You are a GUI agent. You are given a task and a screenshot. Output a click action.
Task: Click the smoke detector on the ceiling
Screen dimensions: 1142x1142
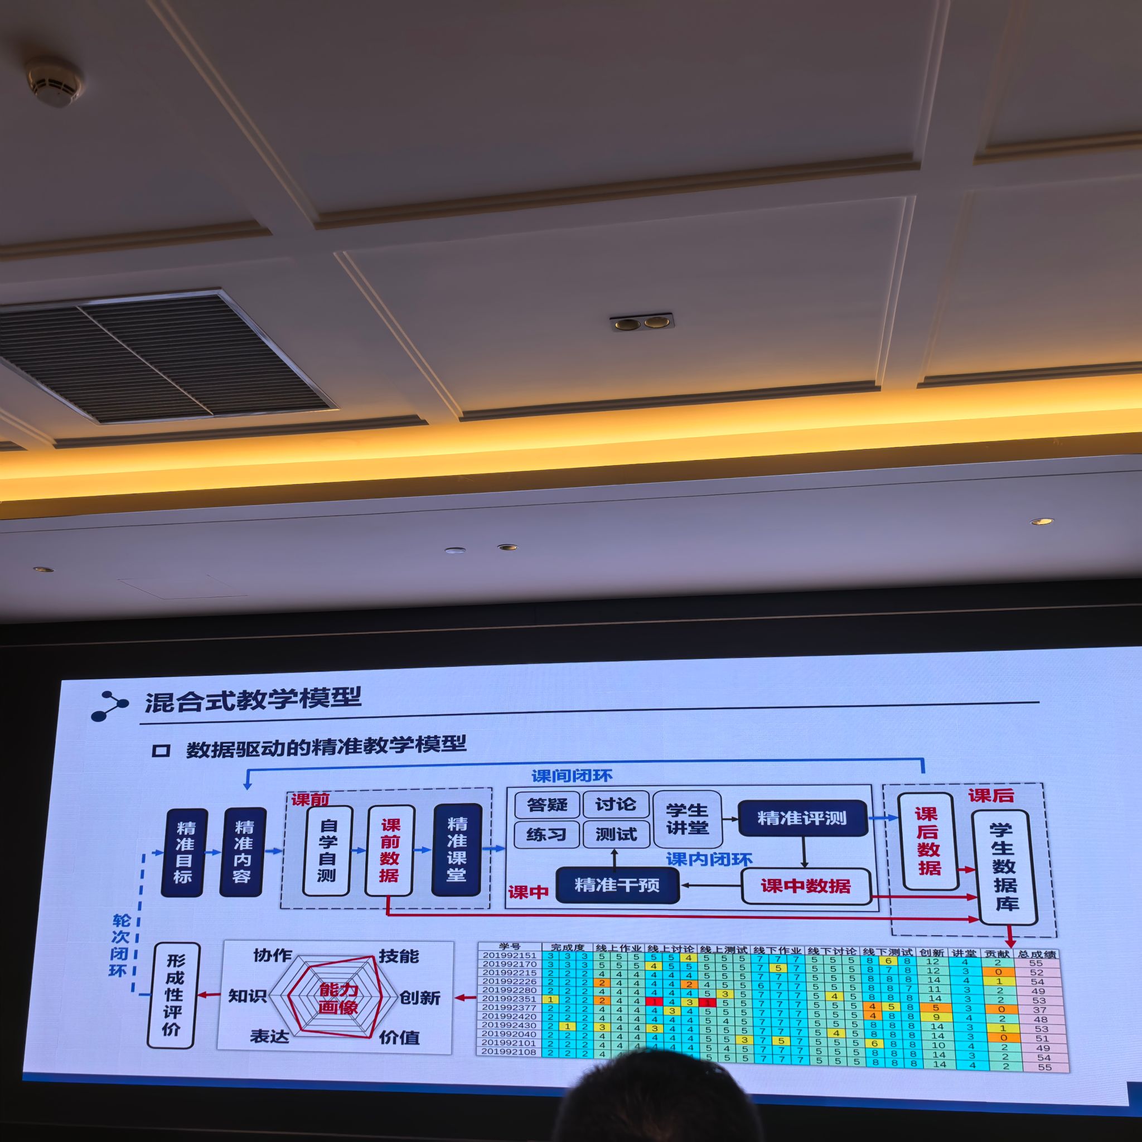click(x=55, y=81)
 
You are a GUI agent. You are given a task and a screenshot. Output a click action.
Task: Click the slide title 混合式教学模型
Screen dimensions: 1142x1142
click(x=253, y=701)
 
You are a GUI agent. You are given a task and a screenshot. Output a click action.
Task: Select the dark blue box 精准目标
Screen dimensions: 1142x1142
click(x=185, y=853)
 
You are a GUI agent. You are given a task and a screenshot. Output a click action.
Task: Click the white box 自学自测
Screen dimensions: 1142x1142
click(x=327, y=850)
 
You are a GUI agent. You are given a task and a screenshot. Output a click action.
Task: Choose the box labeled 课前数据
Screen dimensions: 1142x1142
click(x=390, y=850)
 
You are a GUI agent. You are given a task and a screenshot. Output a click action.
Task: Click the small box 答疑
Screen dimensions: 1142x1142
click(x=547, y=805)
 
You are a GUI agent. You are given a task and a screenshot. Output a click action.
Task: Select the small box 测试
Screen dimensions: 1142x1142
click(x=616, y=834)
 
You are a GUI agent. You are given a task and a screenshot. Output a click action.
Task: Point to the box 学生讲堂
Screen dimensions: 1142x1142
click(x=687, y=819)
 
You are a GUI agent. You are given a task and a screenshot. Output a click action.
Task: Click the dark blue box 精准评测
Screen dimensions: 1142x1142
click(x=802, y=818)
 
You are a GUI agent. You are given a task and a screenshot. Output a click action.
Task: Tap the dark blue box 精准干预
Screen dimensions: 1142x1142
click(x=617, y=885)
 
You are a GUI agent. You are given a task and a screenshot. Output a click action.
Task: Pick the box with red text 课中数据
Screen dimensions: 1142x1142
click(x=806, y=886)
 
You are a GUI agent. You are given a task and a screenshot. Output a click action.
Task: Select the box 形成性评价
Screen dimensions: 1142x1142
click(x=174, y=995)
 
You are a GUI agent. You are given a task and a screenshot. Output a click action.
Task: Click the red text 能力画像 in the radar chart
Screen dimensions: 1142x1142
click(x=338, y=998)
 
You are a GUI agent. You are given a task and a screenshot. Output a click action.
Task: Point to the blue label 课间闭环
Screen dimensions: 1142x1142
click(x=572, y=776)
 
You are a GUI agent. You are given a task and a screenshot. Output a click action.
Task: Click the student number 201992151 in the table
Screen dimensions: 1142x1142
click(x=509, y=955)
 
